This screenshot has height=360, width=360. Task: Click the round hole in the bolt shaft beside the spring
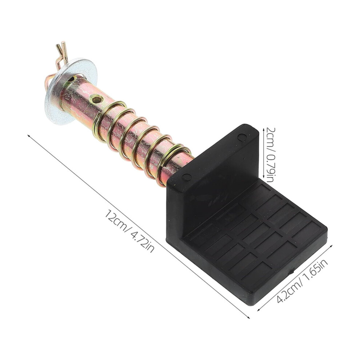point(96,99)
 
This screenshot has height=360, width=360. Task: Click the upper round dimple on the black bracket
point(241,137)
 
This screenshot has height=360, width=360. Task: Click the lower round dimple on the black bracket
point(187,177)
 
